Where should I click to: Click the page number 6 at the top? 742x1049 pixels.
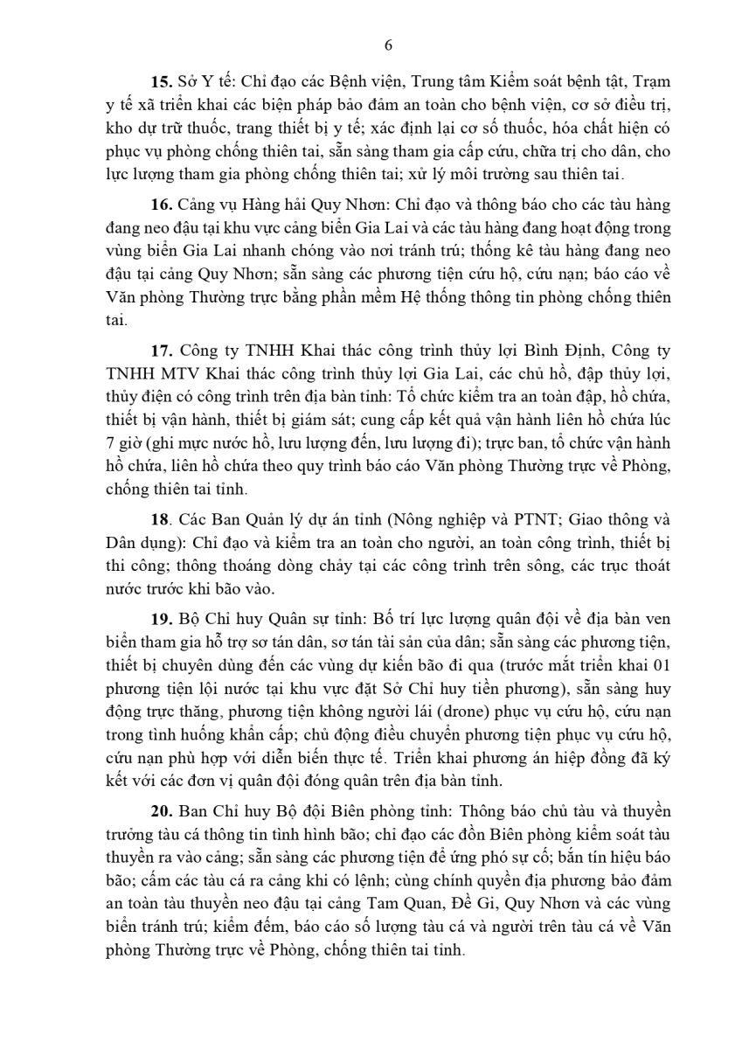click(x=388, y=46)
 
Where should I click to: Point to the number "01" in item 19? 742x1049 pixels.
click(x=658, y=666)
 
